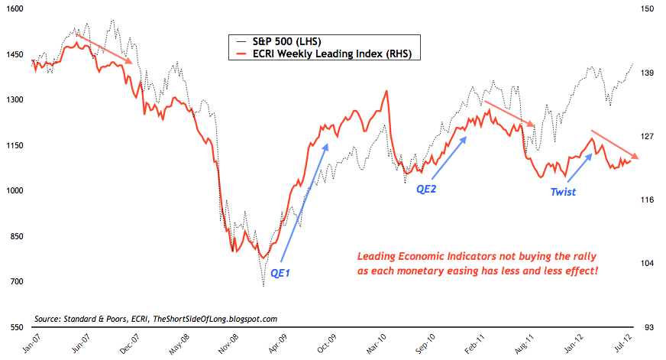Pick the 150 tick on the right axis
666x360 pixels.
pyautogui.click(x=648, y=9)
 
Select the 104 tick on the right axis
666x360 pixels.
pyautogui.click(x=648, y=264)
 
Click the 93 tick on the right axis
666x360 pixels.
pyautogui.click(x=648, y=327)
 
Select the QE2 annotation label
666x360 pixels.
pyautogui.click(x=425, y=188)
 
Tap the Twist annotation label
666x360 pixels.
pyautogui.click(x=563, y=193)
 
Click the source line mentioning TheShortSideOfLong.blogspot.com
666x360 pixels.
pyautogui.click(x=156, y=318)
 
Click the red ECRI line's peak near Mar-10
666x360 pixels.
pyautogui.click(x=386, y=91)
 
